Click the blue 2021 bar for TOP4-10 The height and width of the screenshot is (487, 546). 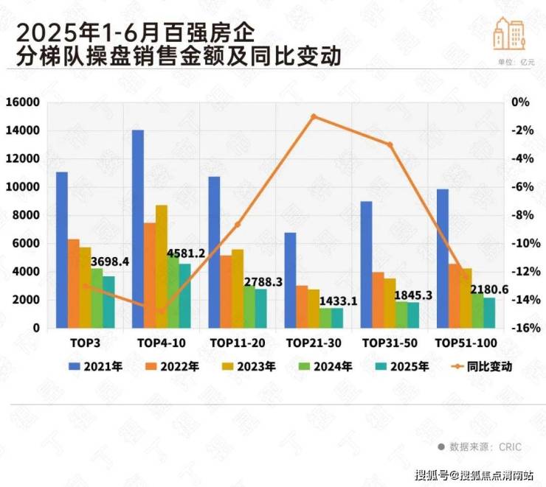click(x=137, y=228)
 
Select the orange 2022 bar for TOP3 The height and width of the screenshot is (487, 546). click(x=73, y=283)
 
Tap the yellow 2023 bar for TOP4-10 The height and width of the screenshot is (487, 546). click(x=162, y=266)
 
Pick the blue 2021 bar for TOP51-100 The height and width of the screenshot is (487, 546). click(x=443, y=258)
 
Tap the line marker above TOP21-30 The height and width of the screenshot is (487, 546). click(x=314, y=116)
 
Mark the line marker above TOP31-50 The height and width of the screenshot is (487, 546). click(x=390, y=144)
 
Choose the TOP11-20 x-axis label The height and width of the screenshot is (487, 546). click(x=237, y=343)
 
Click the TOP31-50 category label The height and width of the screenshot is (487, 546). click(x=390, y=343)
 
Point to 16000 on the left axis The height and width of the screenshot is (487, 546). click(x=24, y=102)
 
